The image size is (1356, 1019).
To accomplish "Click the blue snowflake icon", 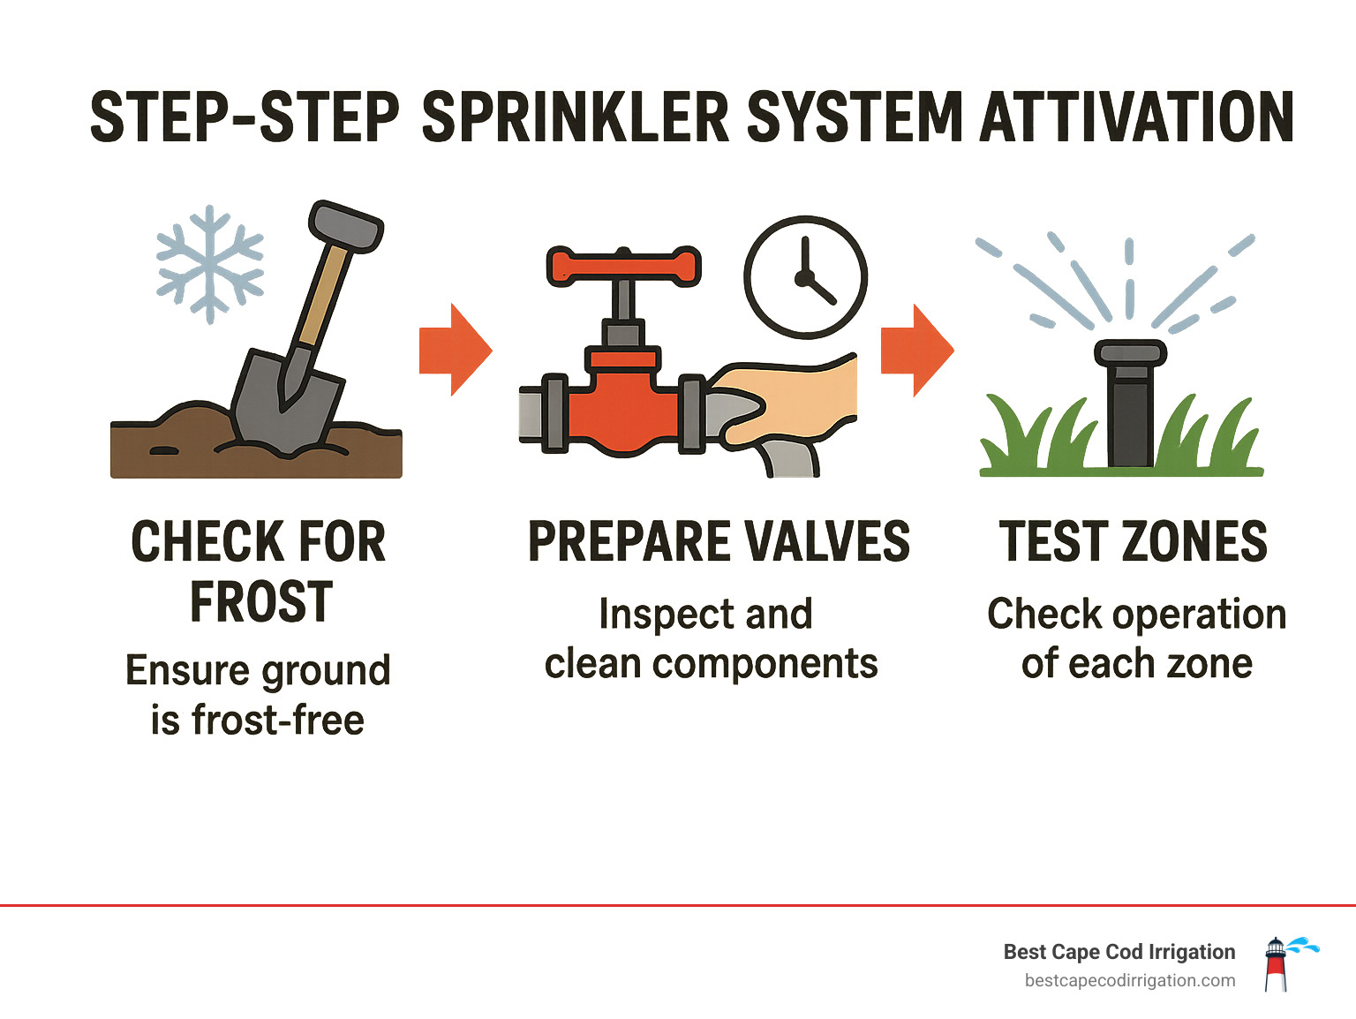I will click(209, 263).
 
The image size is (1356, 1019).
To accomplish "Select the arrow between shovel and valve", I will click(455, 350).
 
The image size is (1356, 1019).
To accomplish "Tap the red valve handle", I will click(623, 267).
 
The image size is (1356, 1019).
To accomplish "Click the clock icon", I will click(805, 277).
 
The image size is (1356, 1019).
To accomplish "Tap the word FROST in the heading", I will click(261, 603).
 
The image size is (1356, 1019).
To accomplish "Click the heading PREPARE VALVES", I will click(719, 542).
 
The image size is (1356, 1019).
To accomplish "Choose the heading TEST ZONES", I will click(1133, 542).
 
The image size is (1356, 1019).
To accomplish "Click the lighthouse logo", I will click(1277, 964).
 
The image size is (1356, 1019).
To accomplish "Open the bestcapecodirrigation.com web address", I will click(1129, 981).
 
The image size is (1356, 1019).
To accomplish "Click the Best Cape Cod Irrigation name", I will click(1119, 952).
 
